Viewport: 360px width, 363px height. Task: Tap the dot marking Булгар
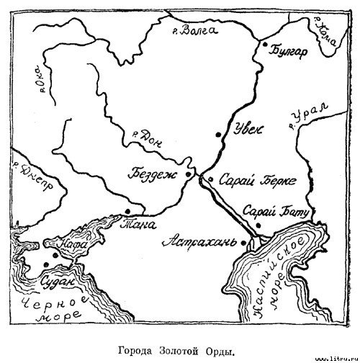tap(266, 46)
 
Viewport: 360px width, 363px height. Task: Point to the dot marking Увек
tap(217, 134)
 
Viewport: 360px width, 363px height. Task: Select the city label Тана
tap(140, 223)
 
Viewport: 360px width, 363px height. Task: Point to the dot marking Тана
tap(127, 211)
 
